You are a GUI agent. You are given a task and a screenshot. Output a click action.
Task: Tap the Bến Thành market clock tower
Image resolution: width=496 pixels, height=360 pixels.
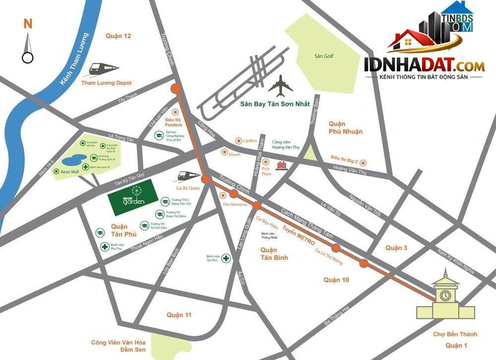tap(444, 295)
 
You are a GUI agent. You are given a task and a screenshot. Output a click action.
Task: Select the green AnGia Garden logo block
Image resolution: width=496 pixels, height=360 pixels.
tap(130, 198)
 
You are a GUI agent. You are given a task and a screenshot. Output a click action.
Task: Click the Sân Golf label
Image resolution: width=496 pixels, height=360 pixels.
tap(324, 56)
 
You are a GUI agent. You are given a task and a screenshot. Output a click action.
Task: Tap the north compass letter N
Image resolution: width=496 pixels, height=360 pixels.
tap(28, 23)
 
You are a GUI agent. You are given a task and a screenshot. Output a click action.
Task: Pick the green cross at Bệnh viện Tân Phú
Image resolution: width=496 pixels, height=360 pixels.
tap(226, 258)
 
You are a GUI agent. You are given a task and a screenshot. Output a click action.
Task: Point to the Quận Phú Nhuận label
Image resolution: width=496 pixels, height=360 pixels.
tap(345, 127)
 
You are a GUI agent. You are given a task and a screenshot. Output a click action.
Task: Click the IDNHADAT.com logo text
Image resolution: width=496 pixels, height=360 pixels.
tap(424, 65)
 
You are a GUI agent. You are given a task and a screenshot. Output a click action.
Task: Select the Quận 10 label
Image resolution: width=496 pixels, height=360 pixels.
tap(337, 280)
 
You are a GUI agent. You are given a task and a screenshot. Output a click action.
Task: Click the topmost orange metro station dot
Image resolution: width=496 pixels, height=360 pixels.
tap(175, 89)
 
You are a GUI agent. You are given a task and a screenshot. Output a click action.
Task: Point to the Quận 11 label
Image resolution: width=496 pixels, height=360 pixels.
tap(179, 315)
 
